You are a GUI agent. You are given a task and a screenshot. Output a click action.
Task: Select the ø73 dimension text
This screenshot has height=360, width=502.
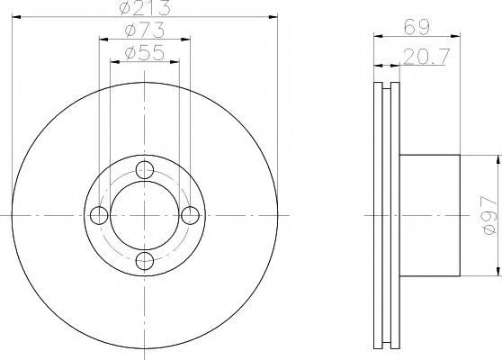click(145, 31)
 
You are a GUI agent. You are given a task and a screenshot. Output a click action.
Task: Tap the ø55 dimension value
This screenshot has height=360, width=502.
click(145, 54)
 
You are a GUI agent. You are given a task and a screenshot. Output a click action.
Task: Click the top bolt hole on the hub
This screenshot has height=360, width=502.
click(145, 168)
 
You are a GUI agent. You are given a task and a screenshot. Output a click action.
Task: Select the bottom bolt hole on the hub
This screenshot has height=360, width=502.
click(145, 261)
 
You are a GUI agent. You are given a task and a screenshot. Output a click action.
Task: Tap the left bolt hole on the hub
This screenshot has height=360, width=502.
click(99, 214)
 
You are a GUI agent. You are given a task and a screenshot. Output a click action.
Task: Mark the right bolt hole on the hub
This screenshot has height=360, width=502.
click(191, 214)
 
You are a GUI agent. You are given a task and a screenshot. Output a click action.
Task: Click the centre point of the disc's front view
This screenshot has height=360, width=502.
click(145, 214)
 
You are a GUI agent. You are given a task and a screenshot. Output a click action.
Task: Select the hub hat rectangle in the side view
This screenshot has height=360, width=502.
click(429, 214)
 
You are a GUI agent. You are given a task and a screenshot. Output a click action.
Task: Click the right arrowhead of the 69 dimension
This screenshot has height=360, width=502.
click(455, 40)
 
